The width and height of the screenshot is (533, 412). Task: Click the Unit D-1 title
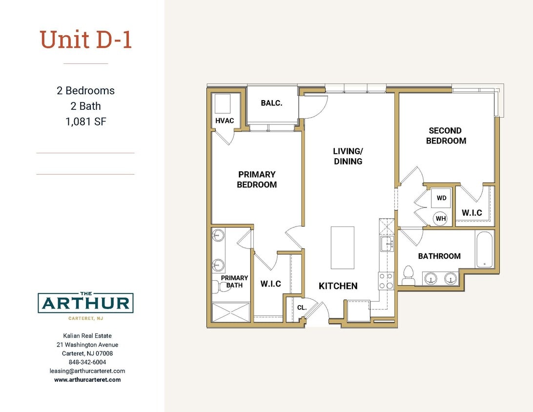86,40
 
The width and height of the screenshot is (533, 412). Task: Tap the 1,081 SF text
85,122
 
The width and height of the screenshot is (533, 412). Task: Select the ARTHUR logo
85,303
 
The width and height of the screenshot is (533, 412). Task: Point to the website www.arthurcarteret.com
87,379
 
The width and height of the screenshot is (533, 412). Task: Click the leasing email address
87,371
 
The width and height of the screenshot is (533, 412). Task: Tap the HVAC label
225,121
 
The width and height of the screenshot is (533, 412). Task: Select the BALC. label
272,103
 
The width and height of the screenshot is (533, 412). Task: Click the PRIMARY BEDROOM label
257,179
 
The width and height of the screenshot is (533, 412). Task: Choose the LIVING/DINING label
348,156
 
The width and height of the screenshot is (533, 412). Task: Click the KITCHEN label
338,286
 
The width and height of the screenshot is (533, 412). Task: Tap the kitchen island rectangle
342,247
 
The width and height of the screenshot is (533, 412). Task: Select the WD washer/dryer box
441,198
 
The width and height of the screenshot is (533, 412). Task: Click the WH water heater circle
441,218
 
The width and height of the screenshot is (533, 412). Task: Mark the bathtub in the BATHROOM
485,249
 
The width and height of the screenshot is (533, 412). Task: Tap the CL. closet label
302,308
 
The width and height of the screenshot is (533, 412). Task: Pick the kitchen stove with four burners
386,281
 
